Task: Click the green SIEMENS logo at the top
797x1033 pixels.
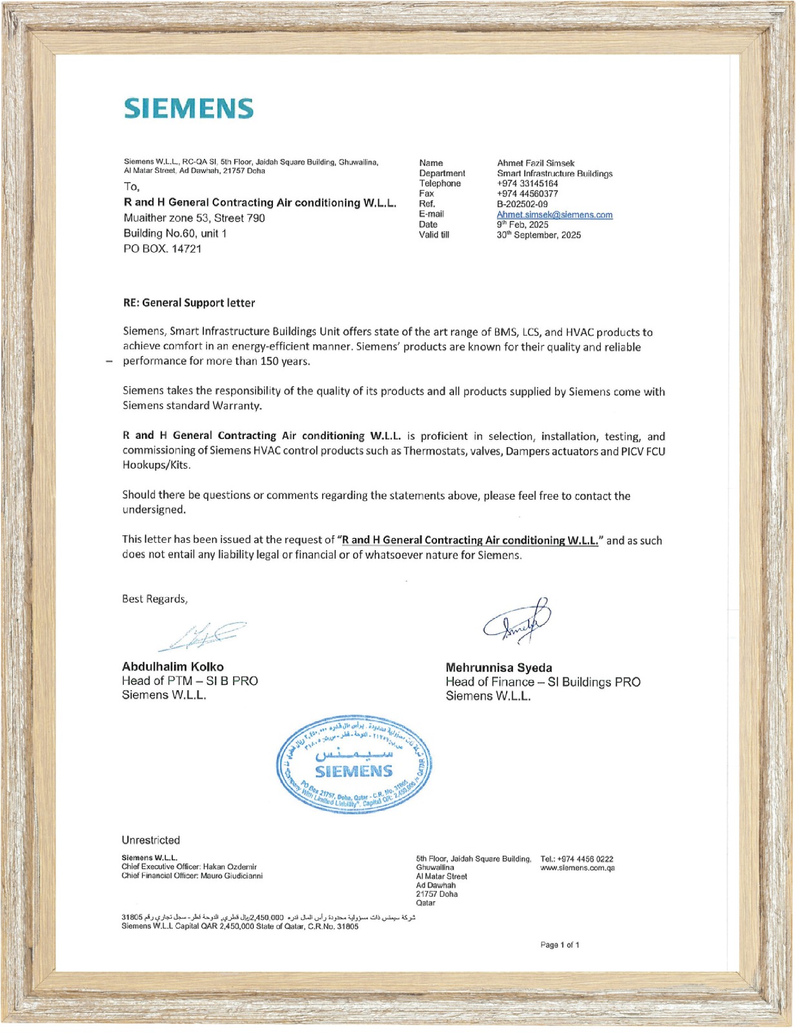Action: (x=188, y=108)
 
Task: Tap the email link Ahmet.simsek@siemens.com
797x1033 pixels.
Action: (x=554, y=214)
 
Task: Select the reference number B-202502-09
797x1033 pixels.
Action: (x=522, y=204)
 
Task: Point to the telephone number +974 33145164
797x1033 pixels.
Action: (x=527, y=183)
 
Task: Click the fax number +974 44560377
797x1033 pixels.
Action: (x=527, y=194)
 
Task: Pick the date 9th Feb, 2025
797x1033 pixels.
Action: (x=522, y=225)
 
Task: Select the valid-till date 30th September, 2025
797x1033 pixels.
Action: (x=538, y=235)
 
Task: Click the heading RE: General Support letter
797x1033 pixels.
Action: (x=188, y=303)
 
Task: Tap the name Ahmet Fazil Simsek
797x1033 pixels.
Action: (x=535, y=163)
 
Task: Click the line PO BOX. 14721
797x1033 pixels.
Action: (x=162, y=249)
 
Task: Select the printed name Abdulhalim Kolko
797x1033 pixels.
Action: (x=172, y=666)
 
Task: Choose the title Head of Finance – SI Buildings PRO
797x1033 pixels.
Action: (x=542, y=682)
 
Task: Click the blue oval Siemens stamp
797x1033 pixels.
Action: (x=354, y=764)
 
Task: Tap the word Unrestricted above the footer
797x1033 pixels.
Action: (x=150, y=840)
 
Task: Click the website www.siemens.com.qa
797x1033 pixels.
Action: (x=577, y=868)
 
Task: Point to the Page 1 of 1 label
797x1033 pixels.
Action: (x=560, y=945)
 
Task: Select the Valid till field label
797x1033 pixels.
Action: (x=434, y=235)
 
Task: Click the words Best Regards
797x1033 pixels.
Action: (x=154, y=598)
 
